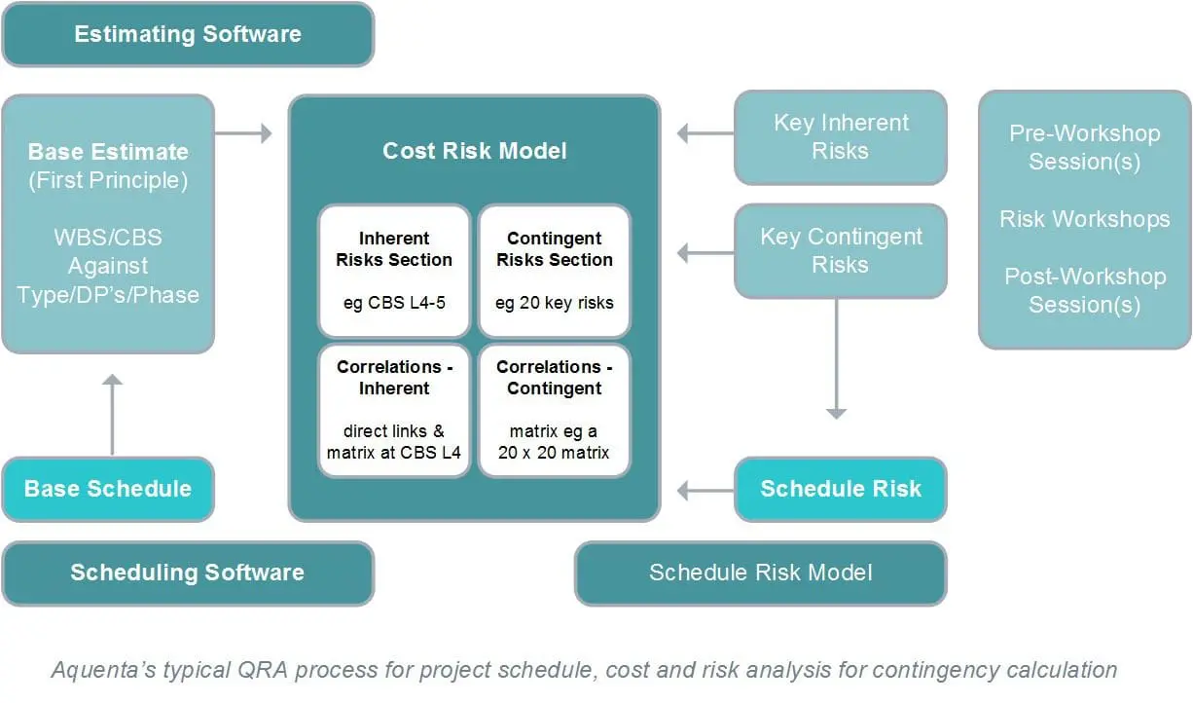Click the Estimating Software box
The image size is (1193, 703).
(188, 34)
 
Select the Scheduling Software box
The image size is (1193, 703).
(188, 573)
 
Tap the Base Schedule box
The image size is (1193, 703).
(108, 489)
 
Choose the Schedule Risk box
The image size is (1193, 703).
(841, 489)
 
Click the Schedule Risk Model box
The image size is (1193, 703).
(761, 573)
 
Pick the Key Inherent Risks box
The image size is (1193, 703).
(841, 137)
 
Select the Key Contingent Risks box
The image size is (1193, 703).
(841, 251)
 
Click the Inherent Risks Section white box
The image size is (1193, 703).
(394, 272)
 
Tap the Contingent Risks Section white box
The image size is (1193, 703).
(555, 272)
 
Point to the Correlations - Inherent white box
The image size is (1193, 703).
(394, 410)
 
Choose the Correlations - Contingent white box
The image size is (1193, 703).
(555, 410)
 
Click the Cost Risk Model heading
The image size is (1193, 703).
(475, 151)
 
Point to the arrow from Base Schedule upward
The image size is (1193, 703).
(112, 415)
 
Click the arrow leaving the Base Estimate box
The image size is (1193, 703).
(243, 133)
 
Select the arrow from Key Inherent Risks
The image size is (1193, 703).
(705, 133)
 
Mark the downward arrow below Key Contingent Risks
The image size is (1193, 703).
(836, 358)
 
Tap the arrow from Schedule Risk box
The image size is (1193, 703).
(705, 491)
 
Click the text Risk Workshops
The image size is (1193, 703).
(1085, 219)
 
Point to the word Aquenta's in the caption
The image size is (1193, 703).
(103, 670)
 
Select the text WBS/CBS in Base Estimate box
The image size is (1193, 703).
(108, 238)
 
